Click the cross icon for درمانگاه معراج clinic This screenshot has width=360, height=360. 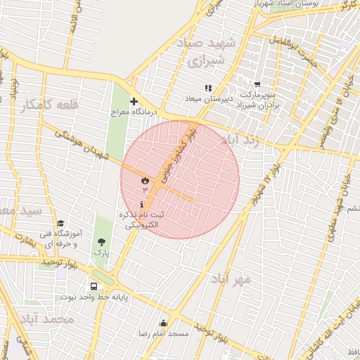(x=134, y=101)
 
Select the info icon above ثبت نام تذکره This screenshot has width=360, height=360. (x=143, y=204)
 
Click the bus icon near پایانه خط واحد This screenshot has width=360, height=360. (x=94, y=286)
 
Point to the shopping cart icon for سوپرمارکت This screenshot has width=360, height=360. (x=257, y=84)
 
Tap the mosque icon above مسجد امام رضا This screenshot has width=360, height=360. (x=164, y=323)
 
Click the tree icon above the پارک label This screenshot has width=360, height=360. (x=102, y=242)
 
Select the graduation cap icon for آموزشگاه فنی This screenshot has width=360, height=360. (x=60, y=223)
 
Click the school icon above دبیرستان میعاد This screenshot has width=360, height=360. (x=207, y=88)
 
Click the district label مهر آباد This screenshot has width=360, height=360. (x=230, y=279)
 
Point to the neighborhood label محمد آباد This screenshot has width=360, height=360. (x=48, y=319)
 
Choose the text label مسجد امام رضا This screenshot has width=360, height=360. (x=164, y=333)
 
